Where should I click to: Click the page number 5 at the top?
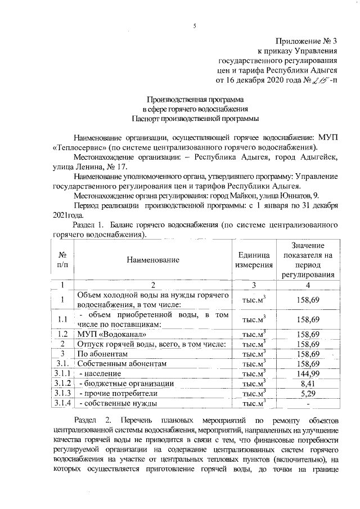[x=194, y=26]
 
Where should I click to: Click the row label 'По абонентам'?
[x=98, y=353]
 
